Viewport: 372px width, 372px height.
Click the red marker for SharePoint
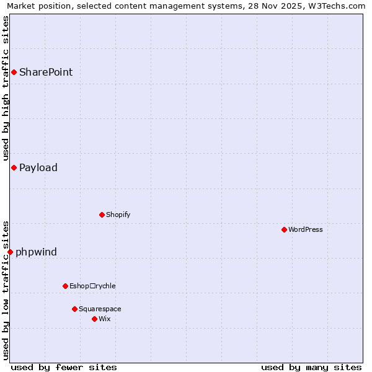click(14, 73)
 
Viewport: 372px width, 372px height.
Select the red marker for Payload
click(14, 167)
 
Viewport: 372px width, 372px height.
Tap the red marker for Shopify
click(102, 215)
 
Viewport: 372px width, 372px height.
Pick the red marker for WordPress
click(284, 229)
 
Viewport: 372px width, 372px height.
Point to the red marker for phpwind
click(10, 252)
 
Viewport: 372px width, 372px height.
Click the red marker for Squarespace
click(74, 309)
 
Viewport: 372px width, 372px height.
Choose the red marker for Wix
click(94, 319)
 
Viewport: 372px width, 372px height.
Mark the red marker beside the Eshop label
click(65, 286)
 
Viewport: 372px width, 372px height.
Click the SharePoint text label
click(46, 73)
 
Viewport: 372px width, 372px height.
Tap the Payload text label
click(38, 168)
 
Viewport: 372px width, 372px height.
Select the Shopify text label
click(118, 215)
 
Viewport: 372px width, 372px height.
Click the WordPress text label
click(306, 230)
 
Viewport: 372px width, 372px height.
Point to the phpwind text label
click(36, 252)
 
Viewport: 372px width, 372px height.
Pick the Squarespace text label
click(100, 309)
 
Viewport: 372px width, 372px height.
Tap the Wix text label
click(105, 319)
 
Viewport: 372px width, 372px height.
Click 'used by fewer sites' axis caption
click(64, 367)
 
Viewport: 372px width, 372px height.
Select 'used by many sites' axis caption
click(311, 367)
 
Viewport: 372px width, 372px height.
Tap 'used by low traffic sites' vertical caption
click(6, 290)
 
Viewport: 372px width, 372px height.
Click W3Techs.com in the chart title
click(337, 6)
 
